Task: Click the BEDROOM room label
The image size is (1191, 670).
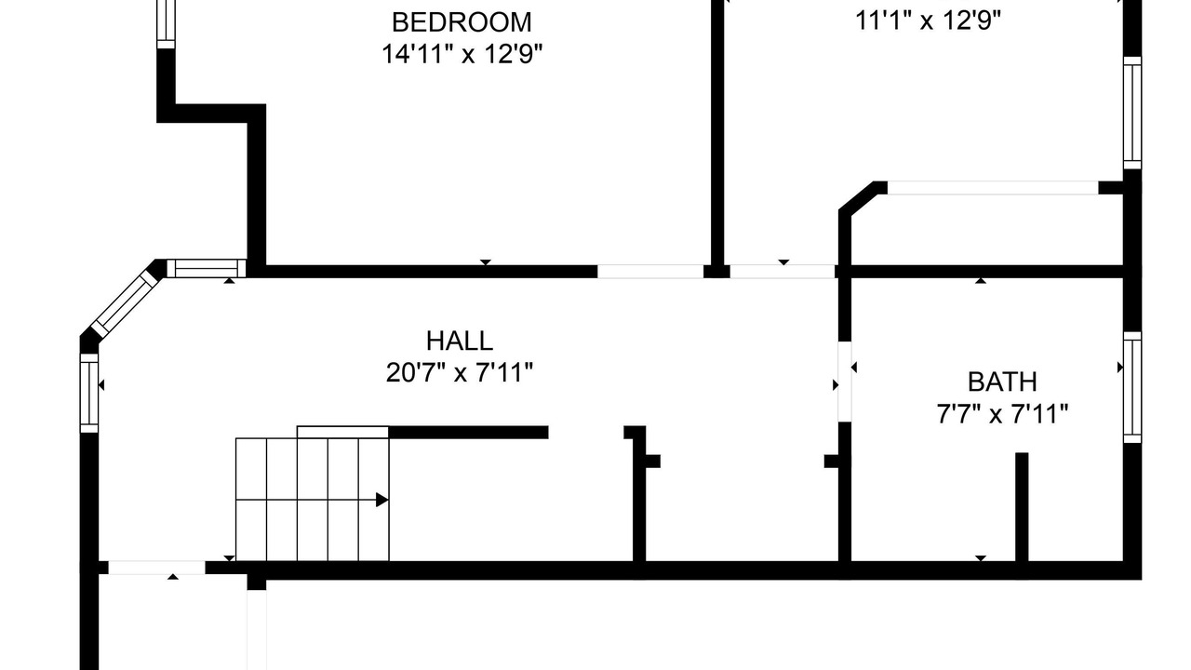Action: pyautogui.click(x=462, y=22)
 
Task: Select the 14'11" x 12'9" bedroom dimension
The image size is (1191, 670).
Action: pyautogui.click(x=462, y=54)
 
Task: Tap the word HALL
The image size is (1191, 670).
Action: pyautogui.click(x=460, y=341)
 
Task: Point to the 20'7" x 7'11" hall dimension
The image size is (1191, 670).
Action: pyautogui.click(x=460, y=372)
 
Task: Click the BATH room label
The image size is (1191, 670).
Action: pyautogui.click(x=1002, y=382)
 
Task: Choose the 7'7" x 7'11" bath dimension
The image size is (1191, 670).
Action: pyautogui.click(x=1002, y=414)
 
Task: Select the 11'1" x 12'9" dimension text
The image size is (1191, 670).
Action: pyautogui.click(x=928, y=21)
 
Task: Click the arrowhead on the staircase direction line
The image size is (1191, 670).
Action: pyautogui.click(x=381, y=500)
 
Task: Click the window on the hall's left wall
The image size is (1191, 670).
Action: pyautogui.click(x=89, y=393)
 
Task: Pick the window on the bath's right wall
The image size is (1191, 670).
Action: pyautogui.click(x=1132, y=387)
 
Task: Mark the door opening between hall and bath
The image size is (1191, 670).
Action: pyautogui.click(x=844, y=382)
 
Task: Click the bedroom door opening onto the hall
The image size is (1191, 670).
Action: pyautogui.click(x=650, y=271)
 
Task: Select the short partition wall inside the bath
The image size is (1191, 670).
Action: pyautogui.click(x=1022, y=507)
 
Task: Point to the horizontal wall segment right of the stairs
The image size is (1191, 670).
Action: pyautogui.click(x=468, y=433)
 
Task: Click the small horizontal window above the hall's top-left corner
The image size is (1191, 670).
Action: pyautogui.click(x=207, y=269)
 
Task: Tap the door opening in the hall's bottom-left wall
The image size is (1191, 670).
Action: pyautogui.click(x=157, y=568)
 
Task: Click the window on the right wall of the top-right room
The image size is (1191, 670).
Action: pyautogui.click(x=1132, y=113)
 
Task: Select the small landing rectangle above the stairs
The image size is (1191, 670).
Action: pyautogui.click(x=343, y=432)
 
